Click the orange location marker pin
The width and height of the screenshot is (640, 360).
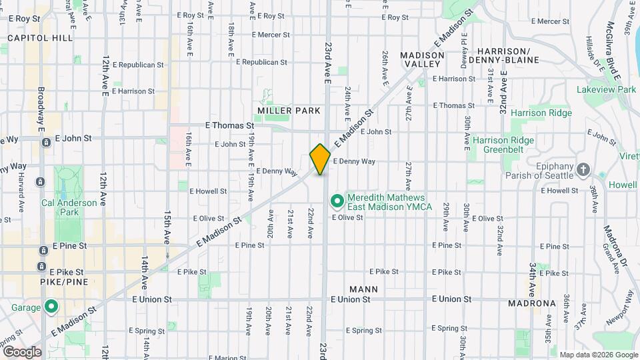coord(320,159)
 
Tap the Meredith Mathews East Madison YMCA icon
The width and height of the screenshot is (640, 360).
coord(337,200)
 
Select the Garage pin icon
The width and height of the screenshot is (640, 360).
coord(51,307)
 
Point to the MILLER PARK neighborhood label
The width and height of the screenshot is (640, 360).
coord(289,111)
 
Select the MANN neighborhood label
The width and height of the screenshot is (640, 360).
coord(363,289)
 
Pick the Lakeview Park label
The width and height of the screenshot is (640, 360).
coord(607,89)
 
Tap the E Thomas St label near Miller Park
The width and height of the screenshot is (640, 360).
coord(229,125)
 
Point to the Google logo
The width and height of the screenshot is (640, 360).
coord(22,352)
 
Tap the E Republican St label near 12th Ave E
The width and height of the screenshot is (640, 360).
coord(139,65)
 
